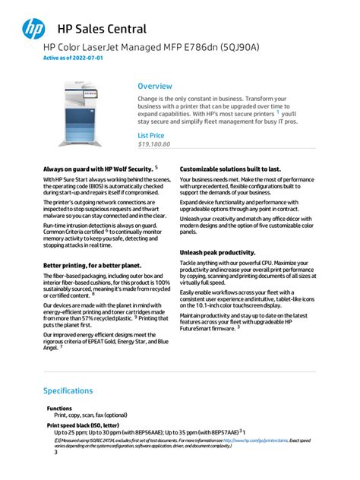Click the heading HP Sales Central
[102, 30]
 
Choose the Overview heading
[155, 87]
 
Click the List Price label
[150, 135]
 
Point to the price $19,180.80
[153, 144]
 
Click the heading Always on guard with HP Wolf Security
[98, 169]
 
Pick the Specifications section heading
[68, 390]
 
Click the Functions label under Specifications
[59, 409]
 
